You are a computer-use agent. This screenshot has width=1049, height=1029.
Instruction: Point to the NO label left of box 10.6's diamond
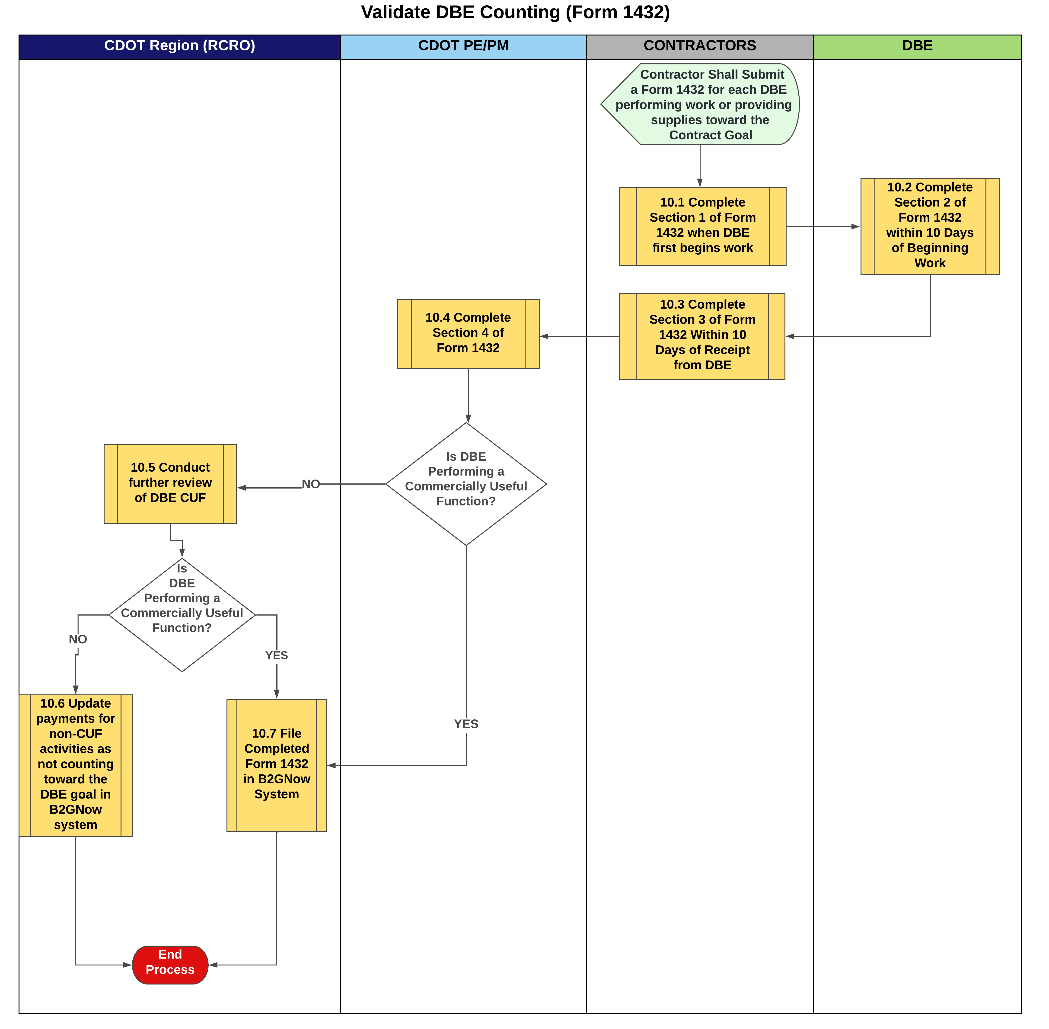(x=78, y=639)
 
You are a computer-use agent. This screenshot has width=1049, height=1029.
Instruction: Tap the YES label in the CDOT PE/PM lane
(x=466, y=724)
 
